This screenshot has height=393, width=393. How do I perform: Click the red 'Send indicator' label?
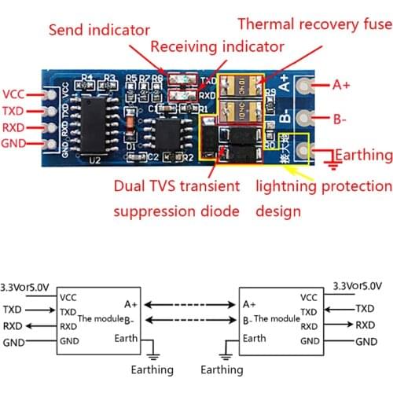(x=99, y=31)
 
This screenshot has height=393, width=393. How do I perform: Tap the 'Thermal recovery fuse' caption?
(x=314, y=24)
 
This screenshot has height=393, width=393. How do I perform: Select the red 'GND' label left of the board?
(x=15, y=143)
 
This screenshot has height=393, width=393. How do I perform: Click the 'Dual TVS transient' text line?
(x=176, y=186)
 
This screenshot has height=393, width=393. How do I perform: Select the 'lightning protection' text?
(x=322, y=186)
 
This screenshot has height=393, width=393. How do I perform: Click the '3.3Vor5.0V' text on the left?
(x=24, y=286)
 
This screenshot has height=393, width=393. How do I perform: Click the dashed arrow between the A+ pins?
(x=193, y=303)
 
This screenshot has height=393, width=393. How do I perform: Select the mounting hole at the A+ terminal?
(x=317, y=84)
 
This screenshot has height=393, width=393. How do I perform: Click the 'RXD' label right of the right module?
(x=365, y=325)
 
